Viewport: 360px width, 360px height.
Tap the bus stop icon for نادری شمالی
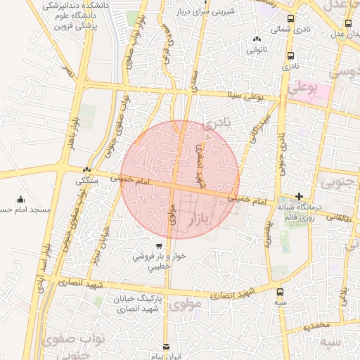[291, 19]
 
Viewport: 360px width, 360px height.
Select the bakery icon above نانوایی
[255, 40]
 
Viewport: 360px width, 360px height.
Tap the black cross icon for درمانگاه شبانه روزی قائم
[300, 196]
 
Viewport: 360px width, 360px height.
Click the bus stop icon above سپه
[281, 291]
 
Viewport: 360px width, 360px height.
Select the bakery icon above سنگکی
[86, 169]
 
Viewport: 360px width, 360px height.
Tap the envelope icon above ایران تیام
[167, 346]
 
